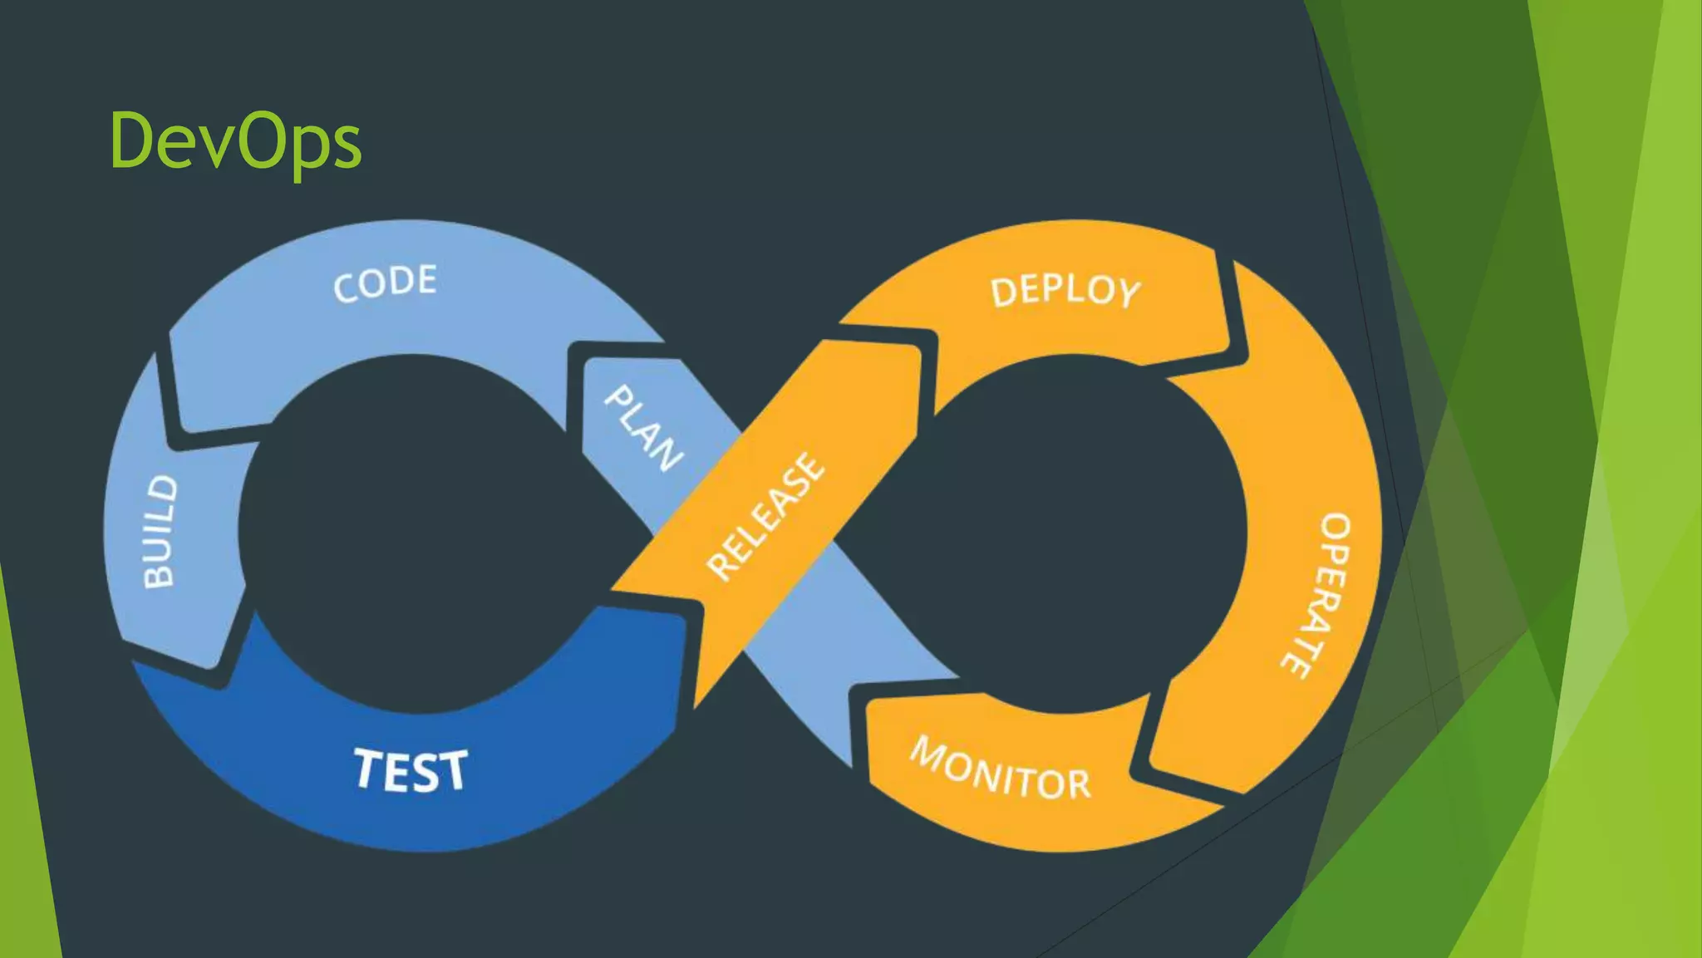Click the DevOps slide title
pos(235,141)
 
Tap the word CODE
pos(385,283)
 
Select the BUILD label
pos(160,532)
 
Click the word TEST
pos(411,770)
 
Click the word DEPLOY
pos(1065,291)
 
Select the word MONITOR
pos(1001,769)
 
